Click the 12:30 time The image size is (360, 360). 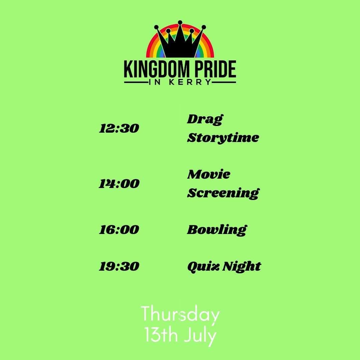tap(119, 129)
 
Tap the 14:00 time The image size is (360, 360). tap(119, 184)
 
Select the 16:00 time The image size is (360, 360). tap(119, 230)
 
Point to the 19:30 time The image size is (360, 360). tap(119, 266)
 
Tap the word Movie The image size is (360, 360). tap(209, 174)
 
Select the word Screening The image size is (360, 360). tap(223, 193)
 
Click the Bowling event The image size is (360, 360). tap(217, 230)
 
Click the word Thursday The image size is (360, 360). tap(180, 315)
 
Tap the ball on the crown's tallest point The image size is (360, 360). tap(180, 22)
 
